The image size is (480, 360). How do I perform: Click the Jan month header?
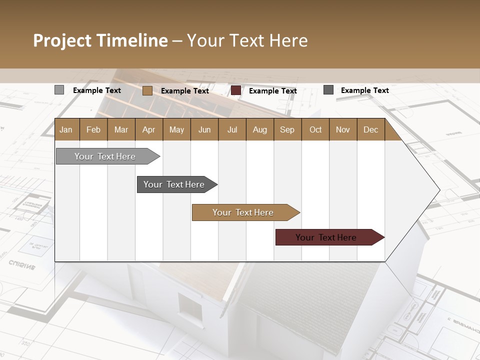[x=66, y=129]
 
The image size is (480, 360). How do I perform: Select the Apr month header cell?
[x=149, y=129]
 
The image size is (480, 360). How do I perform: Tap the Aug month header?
[x=260, y=129]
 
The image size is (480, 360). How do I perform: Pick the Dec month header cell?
[x=371, y=129]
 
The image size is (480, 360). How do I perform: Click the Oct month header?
[x=315, y=129]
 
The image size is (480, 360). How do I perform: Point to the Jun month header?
[x=204, y=129]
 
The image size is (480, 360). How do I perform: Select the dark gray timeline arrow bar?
[x=175, y=184]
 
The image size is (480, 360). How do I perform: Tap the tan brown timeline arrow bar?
[x=244, y=212]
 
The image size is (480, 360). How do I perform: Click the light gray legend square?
[x=59, y=90]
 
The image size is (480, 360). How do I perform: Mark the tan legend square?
[x=147, y=90]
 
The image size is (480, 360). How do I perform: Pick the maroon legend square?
[x=236, y=90]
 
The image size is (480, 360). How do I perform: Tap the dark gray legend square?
[x=328, y=90]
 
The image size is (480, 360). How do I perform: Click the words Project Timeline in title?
[x=100, y=40]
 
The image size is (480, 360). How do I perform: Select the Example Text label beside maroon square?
[x=272, y=90]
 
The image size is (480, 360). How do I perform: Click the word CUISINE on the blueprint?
[x=22, y=264]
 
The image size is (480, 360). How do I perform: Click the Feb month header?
[x=93, y=129]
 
